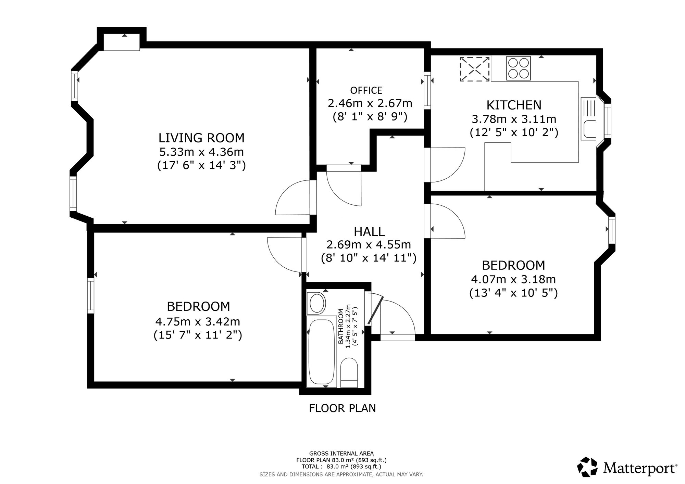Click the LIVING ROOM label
[201, 138]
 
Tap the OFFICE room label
[366, 90]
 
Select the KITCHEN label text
[514, 105]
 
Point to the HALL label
[369, 232]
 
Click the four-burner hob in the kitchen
[518, 68]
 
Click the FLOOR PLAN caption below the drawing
[342, 408]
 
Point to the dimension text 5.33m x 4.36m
[201, 152]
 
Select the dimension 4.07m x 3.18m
[513, 279]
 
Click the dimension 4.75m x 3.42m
[198, 321]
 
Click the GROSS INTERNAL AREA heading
[341, 454]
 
